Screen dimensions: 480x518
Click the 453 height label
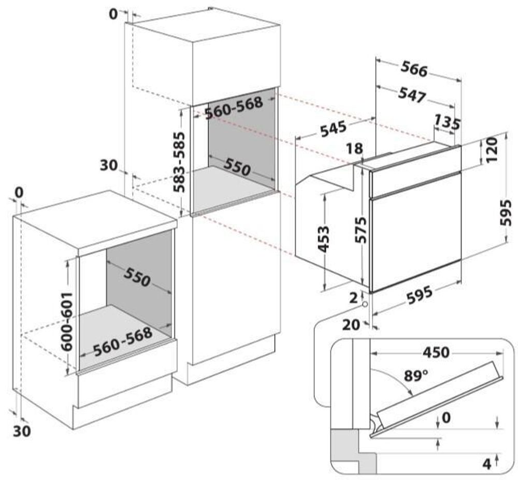coord(323,238)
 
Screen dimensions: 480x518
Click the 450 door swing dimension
coord(435,352)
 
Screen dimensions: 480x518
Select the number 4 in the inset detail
coord(486,463)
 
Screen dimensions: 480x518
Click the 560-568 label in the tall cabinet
coord(234,108)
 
